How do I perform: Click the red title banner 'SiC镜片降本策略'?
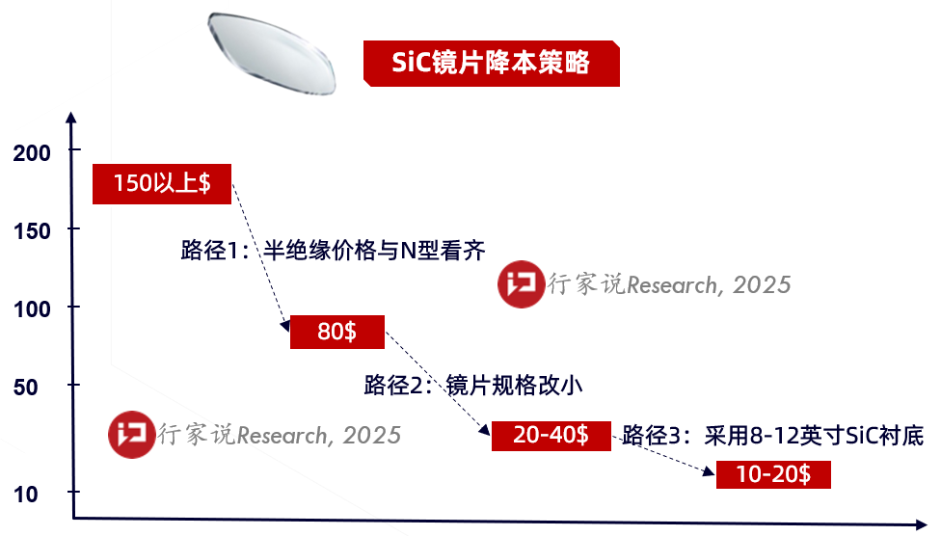click(492, 64)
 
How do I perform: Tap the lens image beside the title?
click(272, 53)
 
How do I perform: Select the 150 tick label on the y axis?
click(32, 231)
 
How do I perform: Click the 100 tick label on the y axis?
click(32, 309)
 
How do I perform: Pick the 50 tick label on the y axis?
click(26, 388)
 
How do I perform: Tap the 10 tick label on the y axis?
click(26, 495)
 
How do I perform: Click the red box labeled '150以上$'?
click(162, 184)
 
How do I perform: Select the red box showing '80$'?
click(337, 332)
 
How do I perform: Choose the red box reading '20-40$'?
click(551, 436)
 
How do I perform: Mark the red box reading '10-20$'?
click(773, 474)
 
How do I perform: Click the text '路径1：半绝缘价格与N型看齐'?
click(333, 251)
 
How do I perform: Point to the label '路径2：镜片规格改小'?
click(472, 385)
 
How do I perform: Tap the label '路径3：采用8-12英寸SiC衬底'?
click(773, 436)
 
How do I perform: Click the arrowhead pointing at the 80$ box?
click(285, 325)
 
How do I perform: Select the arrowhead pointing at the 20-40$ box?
click(484, 429)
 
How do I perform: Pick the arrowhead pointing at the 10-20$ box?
click(709, 470)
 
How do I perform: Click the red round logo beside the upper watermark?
click(521, 284)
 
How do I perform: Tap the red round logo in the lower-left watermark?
click(131, 435)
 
